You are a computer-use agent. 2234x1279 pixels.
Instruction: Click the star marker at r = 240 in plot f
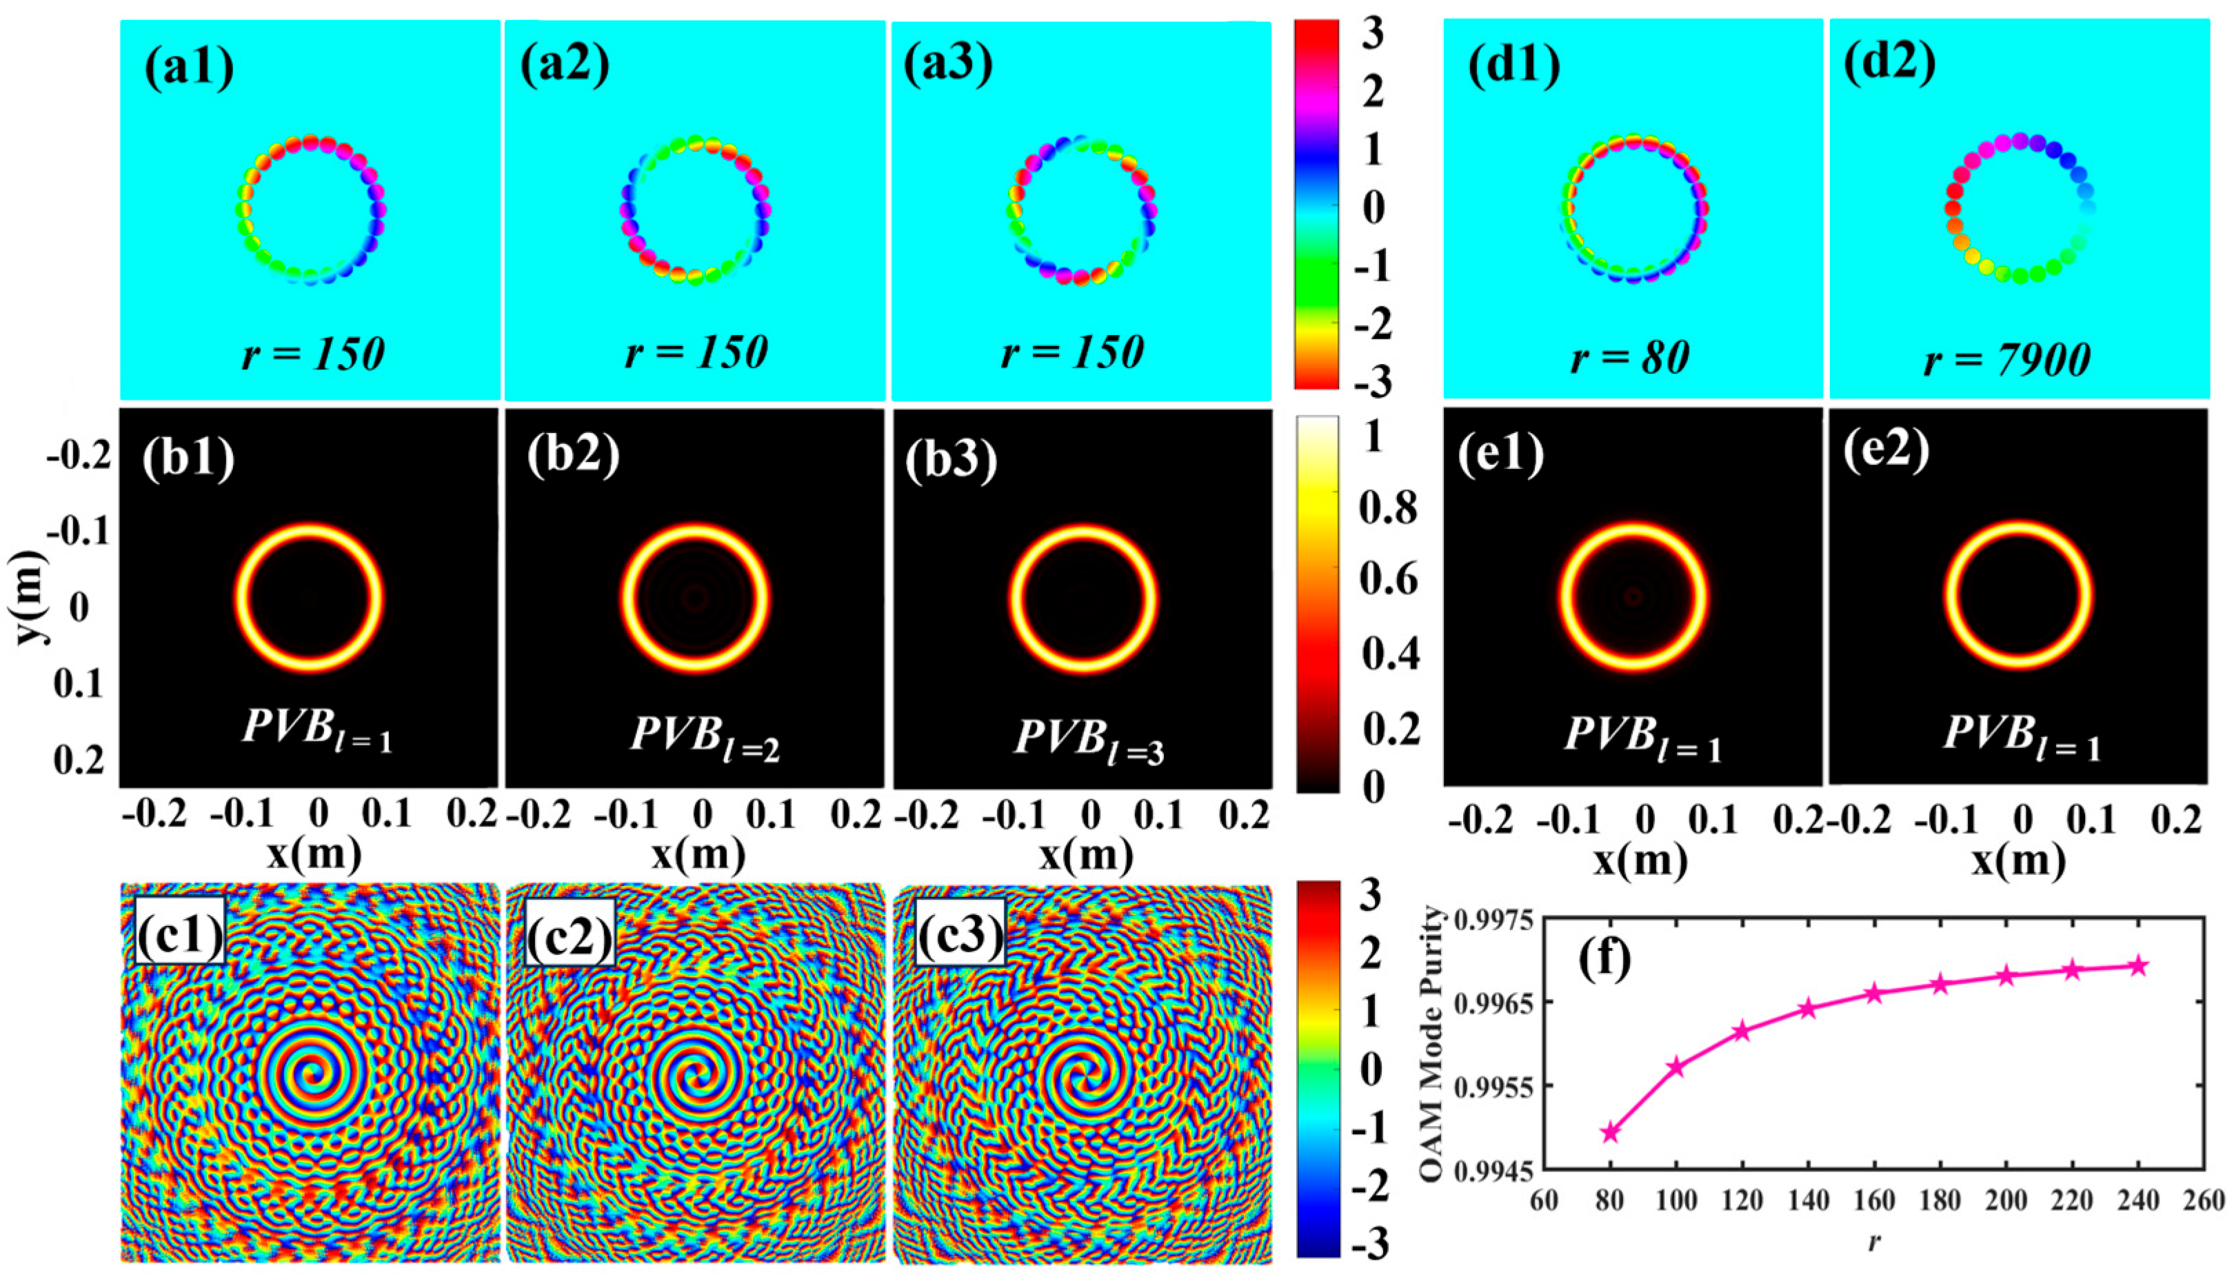pos(2140,965)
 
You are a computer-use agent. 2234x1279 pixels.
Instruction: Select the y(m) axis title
pos(33,605)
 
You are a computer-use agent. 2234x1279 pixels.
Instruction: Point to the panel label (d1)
pos(1513,67)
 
